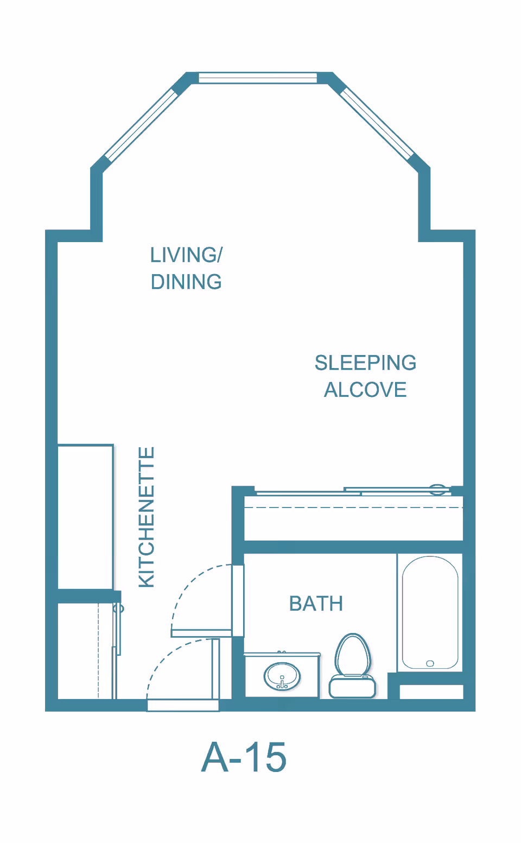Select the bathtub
[x=430, y=613]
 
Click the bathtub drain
[x=430, y=663]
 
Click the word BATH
[x=316, y=604]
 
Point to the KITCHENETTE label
[x=147, y=517]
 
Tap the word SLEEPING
[x=366, y=363]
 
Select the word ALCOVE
[x=366, y=390]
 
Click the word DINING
[x=186, y=282]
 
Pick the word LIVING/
[x=187, y=255]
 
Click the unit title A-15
[x=244, y=757]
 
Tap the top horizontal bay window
[x=258, y=78]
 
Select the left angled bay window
[x=141, y=124]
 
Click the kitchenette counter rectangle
[x=85, y=517]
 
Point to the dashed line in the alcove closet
[x=354, y=508]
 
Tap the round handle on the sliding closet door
[x=437, y=489]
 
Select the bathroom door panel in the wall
[x=238, y=601]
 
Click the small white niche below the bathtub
[x=431, y=692]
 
